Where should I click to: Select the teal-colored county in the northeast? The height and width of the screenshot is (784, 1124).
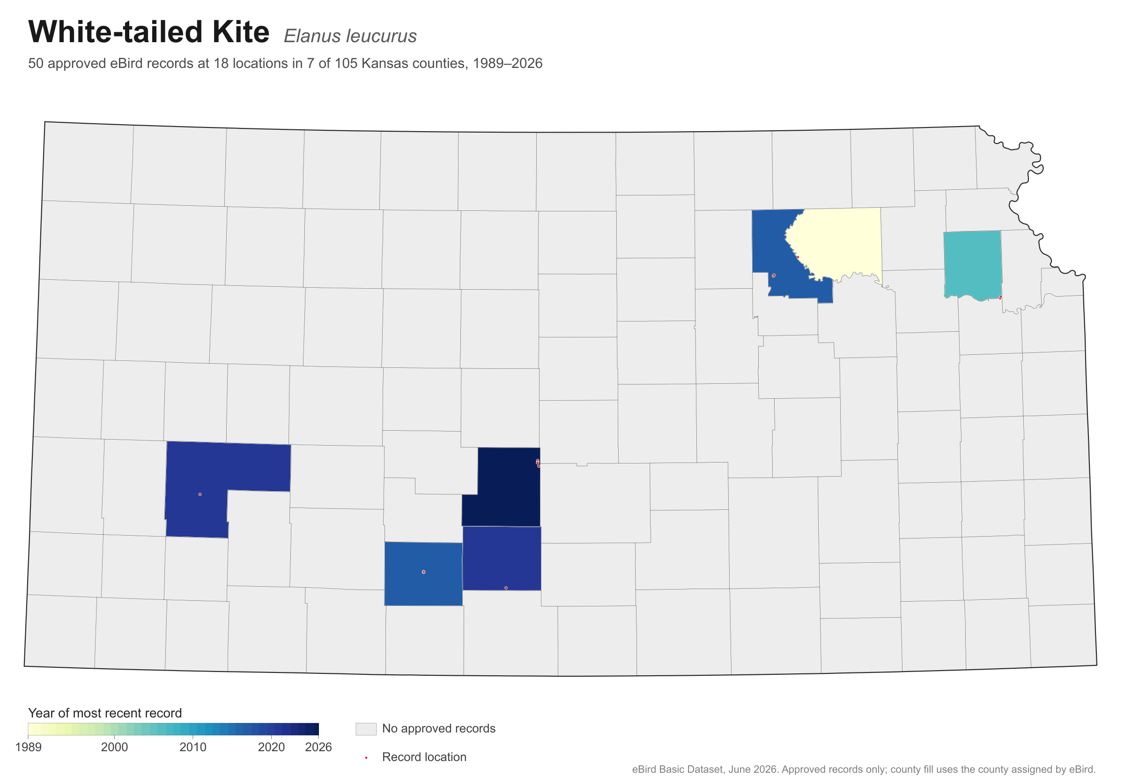972,264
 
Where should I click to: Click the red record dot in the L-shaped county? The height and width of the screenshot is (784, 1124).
200,494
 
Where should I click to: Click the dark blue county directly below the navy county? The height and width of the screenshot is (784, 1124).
502,558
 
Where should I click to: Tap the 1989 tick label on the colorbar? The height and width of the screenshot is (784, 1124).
29,747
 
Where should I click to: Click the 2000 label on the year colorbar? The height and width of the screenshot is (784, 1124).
115,747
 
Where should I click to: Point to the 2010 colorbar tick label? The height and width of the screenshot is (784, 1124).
193,747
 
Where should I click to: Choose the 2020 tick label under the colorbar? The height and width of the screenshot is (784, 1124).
271,747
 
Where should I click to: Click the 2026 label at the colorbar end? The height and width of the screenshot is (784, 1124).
318,747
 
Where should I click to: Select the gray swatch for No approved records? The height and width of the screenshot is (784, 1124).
366,729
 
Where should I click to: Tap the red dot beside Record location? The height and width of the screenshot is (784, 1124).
366,758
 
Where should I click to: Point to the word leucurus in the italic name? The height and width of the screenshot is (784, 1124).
381,36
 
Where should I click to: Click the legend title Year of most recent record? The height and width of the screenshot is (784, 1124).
105,713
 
